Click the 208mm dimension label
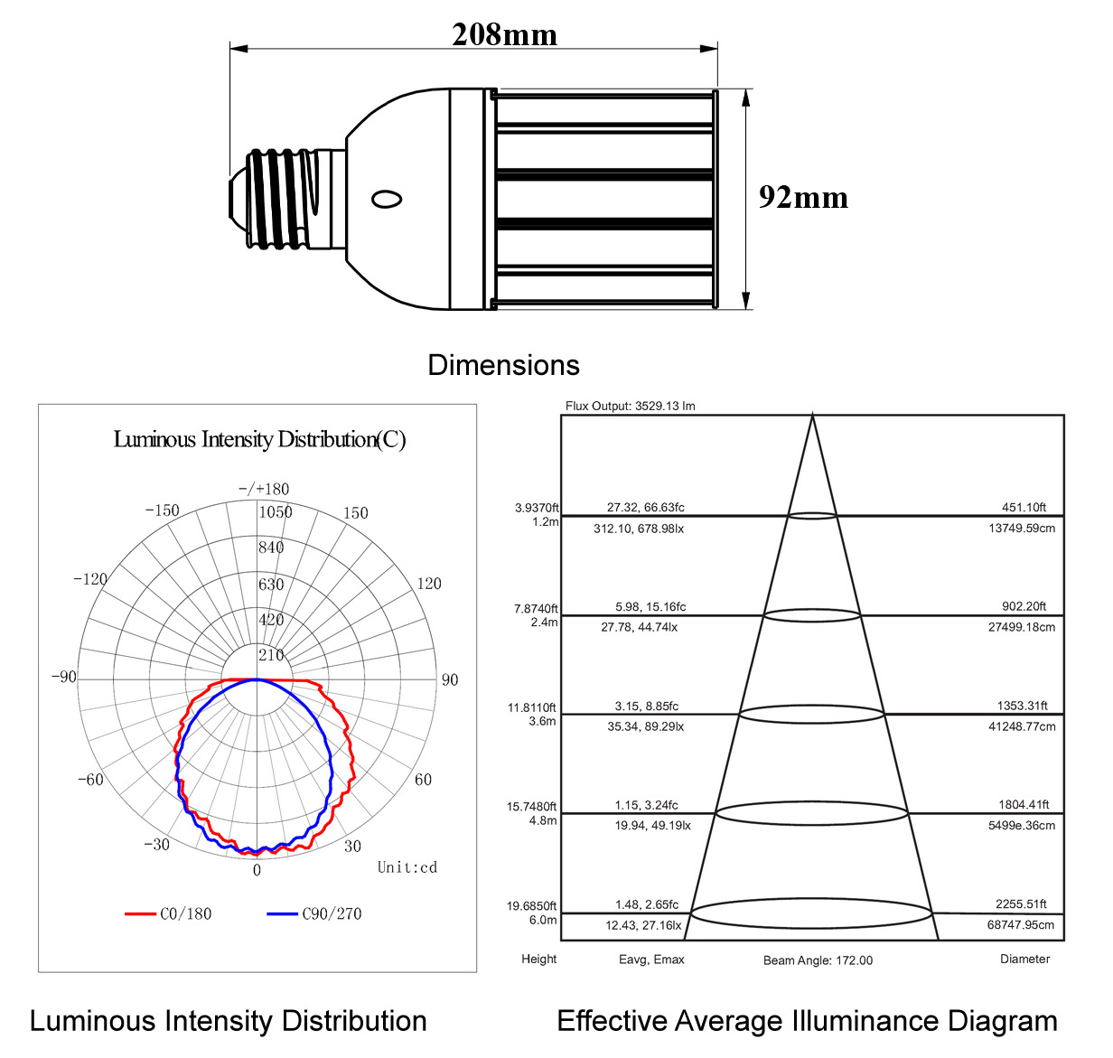point(504,34)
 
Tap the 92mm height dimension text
point(803,197)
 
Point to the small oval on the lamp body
point(387,199)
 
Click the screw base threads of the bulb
point(281,199)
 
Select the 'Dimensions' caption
point(503,365)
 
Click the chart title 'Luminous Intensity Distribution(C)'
point(259,439)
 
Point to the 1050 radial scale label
point(276,512)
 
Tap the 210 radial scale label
point(271,655)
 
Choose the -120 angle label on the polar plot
point(90,579)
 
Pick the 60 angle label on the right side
point(423,780)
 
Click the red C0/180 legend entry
point(168,913)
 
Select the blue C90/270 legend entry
point(314,913)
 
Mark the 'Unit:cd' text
point(407,867)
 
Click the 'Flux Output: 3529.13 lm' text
point(630,406)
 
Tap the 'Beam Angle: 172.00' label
point(818,960)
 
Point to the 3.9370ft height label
point(536,508)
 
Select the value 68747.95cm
point(1021,925)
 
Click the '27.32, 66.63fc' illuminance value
point(645,507)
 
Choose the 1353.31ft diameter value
point(1023,706)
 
